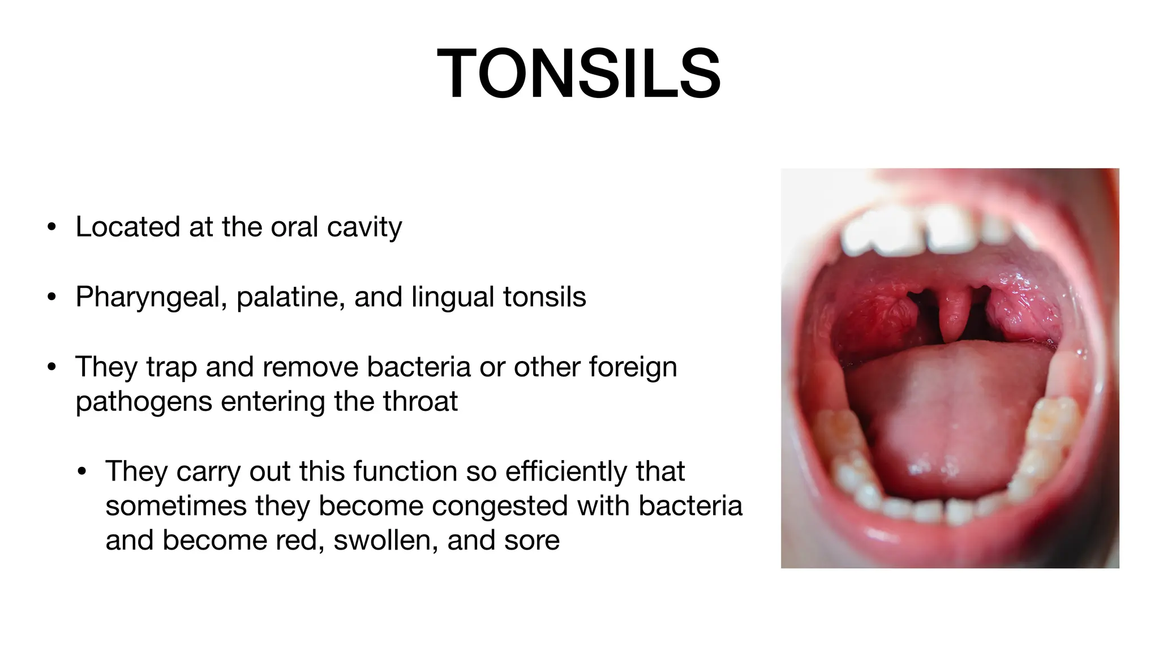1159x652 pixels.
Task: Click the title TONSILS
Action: coord(579,74)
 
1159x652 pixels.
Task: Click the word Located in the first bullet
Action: coord(127,227)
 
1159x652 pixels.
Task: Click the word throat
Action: coord(420,402)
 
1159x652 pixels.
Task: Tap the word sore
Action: coord(531,541)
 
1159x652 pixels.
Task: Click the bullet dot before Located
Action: coord(52,228)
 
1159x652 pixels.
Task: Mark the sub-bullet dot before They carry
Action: coord(82,472)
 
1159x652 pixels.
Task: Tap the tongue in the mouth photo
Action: coord(951,419)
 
